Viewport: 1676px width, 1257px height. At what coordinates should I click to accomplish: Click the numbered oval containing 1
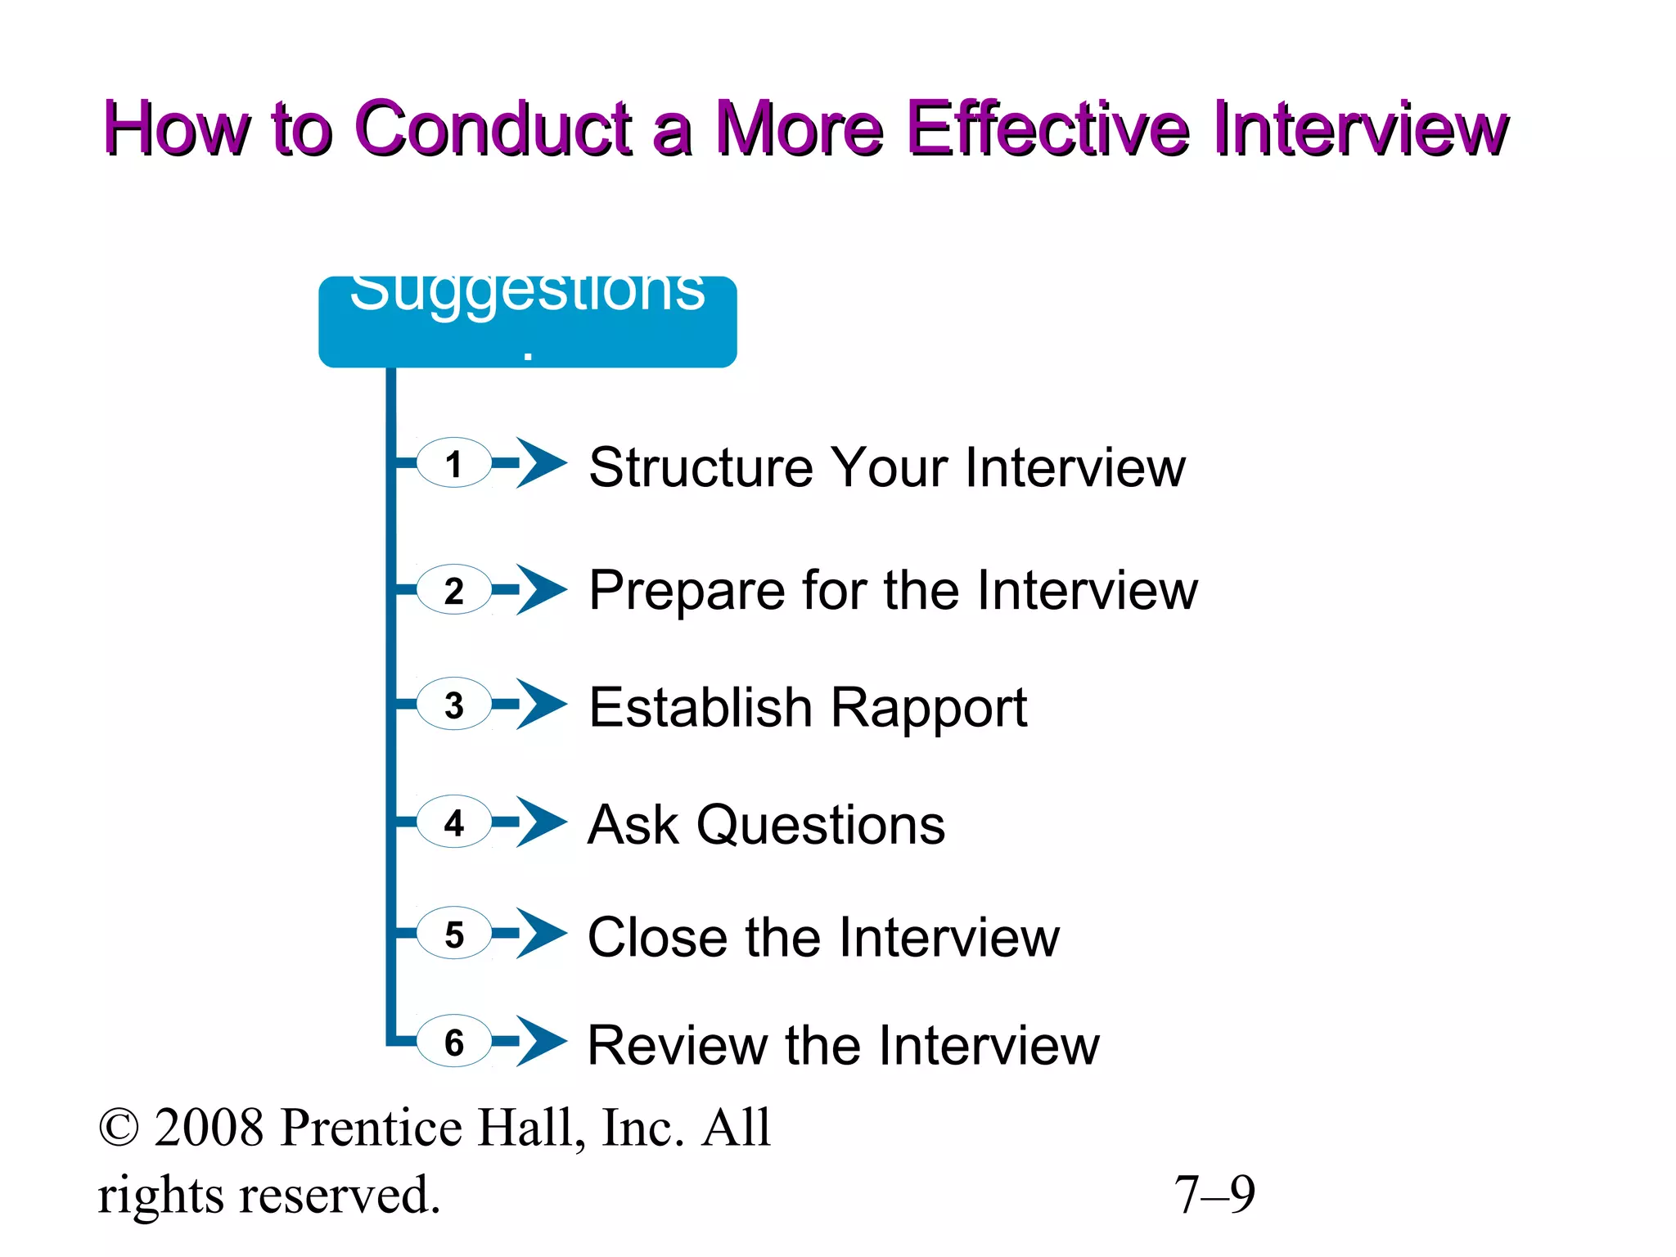(454, 463)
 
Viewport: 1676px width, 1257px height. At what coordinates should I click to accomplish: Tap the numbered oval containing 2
(454, 590)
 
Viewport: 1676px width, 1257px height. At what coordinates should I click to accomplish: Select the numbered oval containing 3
(454, 704)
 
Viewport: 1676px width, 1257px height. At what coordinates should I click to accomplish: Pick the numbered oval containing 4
(454, 822)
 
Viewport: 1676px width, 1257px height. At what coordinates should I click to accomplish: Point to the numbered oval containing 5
(454, 933)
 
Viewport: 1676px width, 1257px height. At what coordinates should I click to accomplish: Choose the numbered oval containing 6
(454, 1041)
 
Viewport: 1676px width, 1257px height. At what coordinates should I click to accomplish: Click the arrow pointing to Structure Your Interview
(540, 463)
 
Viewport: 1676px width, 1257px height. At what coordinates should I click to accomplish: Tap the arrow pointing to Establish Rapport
(540, 704)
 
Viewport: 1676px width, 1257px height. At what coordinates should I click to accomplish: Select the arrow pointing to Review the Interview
(540, 1041)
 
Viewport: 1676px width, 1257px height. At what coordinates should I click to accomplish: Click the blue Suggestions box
(527, 322)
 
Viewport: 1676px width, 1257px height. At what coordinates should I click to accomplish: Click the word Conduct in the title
(494, 129)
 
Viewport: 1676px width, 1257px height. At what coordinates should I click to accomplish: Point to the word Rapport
(929, 708)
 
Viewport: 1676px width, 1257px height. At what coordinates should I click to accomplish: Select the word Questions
(821, 825)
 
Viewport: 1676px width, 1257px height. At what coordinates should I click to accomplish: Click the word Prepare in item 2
(686, 592)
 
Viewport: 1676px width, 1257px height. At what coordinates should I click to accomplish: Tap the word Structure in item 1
(701, 467)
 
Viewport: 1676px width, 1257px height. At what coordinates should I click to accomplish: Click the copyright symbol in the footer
(119, 1129)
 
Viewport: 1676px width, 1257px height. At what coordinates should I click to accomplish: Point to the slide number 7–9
(1214, 1195)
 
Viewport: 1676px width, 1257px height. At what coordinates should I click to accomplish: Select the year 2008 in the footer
(209, 1129)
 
